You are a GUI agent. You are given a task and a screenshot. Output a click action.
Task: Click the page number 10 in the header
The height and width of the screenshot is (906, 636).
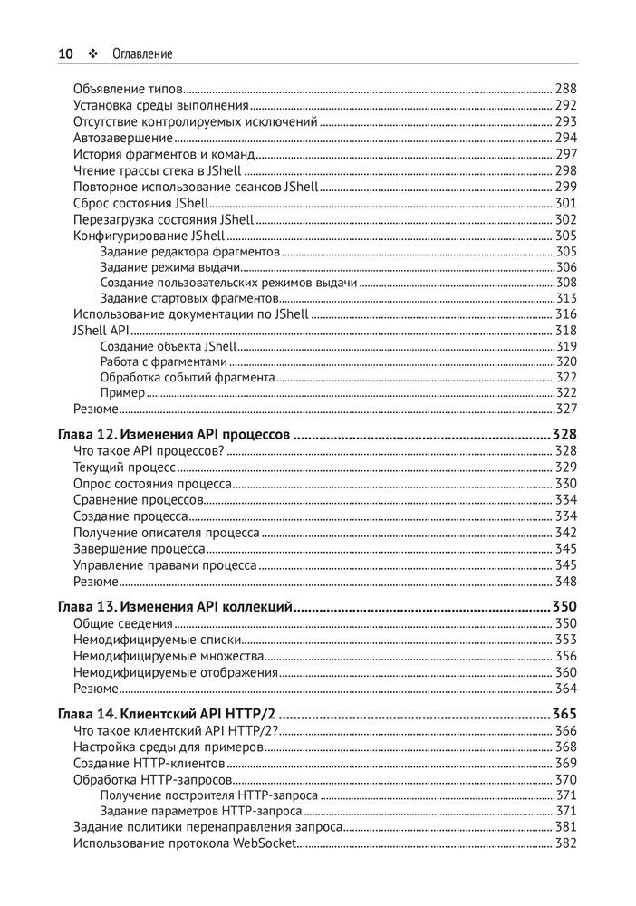pyautogui.click(x=65, y=54)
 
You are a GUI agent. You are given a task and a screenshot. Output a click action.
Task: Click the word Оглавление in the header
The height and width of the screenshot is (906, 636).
pyautogui.click(x=142, y=54)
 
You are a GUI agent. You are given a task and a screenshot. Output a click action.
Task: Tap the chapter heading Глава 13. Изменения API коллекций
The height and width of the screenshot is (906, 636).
pyautogui.click(x=175, y=606)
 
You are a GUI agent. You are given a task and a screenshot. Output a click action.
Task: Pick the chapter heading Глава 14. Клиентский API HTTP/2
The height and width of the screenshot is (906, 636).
pyautogui.click(x=168, y=714)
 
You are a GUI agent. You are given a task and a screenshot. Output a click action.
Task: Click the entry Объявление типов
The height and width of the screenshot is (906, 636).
pyautogui.click(x=128, y=89)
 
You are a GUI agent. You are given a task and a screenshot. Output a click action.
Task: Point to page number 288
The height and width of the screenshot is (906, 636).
pyautogui.click(x=565, y=89)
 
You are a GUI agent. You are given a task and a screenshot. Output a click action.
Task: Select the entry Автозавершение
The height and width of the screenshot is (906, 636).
pyautogui.click(x=122, y=138)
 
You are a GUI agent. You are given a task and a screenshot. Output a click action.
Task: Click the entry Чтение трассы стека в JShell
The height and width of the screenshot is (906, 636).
pyautogui.click(x=157, y=170)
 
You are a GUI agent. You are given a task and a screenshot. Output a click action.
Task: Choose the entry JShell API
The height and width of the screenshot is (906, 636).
pyautogui.click(x=95, y=331)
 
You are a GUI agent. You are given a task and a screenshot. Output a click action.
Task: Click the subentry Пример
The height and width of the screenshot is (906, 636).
pyautogui.click(x=122, y=393)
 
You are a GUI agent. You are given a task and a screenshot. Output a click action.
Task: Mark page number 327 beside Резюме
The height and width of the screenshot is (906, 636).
pyautogui.click(x=566, y=410)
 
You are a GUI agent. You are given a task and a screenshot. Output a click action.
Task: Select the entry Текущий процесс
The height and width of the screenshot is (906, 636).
pyautogui.click(x=123, y=467)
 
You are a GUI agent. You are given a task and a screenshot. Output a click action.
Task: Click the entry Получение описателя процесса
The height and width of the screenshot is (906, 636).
pyautogui.click(x=166, y=533)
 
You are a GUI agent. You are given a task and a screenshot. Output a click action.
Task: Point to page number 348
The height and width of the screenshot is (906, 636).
pyautogui.click(x=565, y=582)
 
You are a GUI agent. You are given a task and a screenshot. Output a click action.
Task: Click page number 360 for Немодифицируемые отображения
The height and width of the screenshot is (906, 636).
pyautogui.click(x=565, y=672)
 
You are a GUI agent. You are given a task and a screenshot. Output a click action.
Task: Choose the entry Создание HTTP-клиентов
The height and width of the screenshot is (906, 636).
pyautogui.click(x=149, y=763)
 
